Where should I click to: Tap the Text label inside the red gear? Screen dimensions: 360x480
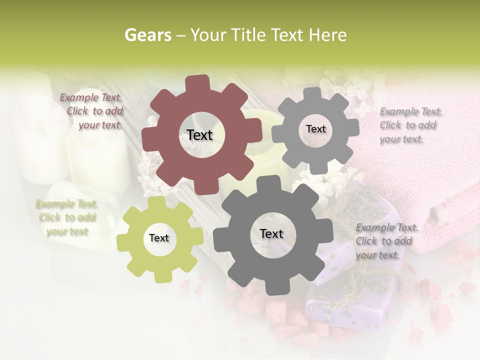199,135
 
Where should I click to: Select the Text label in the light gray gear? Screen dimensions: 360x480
315,129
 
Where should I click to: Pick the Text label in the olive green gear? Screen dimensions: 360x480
159,238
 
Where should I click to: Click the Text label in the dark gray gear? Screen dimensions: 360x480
271,233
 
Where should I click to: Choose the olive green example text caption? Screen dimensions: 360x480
67,217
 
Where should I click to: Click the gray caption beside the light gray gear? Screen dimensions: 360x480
410,125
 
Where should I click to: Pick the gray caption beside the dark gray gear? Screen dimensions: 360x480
386,241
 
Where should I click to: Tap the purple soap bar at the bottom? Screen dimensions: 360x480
345,305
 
